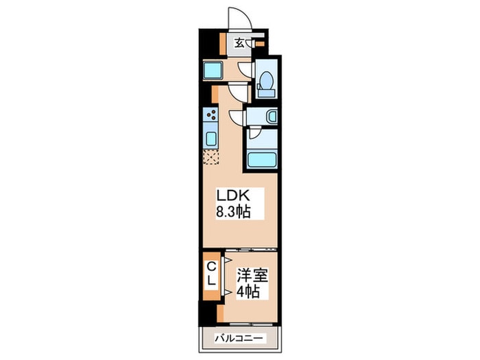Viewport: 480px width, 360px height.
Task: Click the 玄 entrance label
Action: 239,43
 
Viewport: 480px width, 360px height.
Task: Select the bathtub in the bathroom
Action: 261,160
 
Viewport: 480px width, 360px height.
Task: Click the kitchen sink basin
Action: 210,139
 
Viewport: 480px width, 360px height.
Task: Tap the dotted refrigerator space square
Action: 209,156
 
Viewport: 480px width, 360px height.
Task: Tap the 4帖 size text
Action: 248,291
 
